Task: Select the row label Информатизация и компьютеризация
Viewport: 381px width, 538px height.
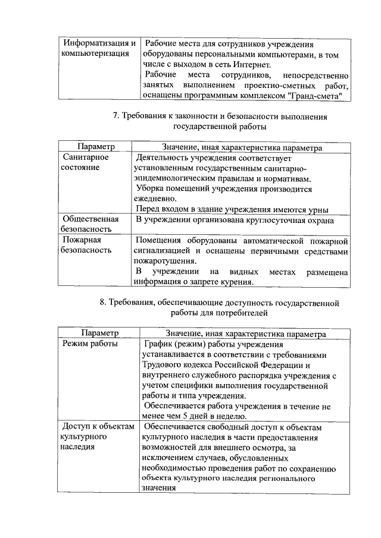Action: [98, 49]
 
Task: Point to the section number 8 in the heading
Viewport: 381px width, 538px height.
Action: [102, 303]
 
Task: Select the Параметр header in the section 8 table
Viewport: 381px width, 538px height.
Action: [100, 334]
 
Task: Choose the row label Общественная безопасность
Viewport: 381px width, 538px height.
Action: [90, 224]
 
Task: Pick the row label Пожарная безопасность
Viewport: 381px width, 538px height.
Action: [87, 246]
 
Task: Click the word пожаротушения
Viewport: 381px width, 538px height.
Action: [164, 261]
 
